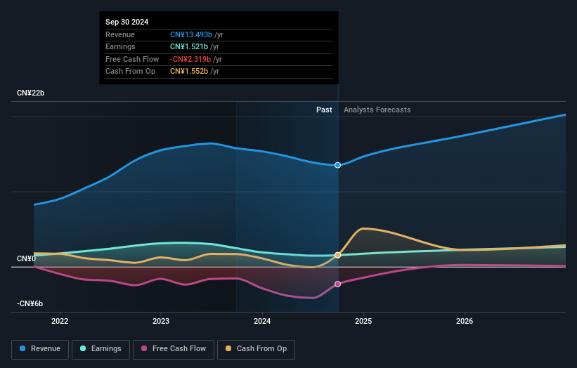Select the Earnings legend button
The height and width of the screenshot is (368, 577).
coord(101,348)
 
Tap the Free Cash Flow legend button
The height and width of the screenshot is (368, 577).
coord(174,348)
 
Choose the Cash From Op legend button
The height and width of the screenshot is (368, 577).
coord(256,348)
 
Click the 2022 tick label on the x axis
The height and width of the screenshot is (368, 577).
coord(60,322)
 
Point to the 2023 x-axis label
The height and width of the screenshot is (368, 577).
coord(161,322)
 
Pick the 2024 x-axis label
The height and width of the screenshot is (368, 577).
coord(262,322)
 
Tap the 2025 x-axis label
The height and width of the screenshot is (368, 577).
coord(363,322)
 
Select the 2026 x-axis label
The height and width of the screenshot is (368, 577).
coord(465,322)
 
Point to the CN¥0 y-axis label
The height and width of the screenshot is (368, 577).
coord(27,259)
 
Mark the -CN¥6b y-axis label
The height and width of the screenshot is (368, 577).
coord(30,303)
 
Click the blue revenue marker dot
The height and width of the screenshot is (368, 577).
coord(338,165)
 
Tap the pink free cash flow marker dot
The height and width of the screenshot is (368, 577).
coord(338,284)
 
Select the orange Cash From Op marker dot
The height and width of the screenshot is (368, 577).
coord(338,255)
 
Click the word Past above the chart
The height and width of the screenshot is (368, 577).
coord(324,110)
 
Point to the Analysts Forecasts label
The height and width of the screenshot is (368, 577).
coord(377,110)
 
